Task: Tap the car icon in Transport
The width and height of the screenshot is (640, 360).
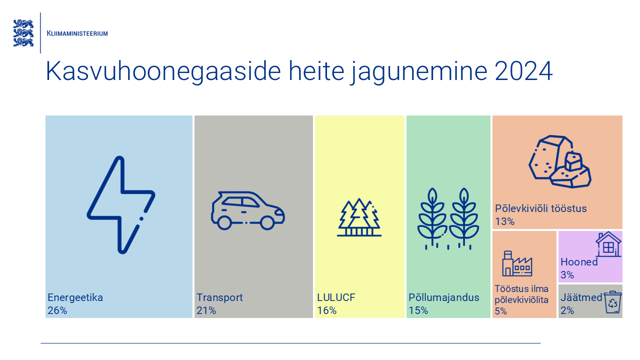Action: click(247, 210)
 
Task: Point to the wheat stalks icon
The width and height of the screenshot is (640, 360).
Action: click(448, 218)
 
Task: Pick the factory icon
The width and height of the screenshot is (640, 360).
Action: click(517, 263)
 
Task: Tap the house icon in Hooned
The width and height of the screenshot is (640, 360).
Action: click(608, 244)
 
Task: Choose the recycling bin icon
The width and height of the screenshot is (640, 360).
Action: click(612, 302)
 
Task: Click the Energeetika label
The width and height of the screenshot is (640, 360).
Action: click(75, 297)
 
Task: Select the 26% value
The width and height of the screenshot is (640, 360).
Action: click(57, 310)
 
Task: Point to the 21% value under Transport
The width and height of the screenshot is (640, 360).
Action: click(206, 310)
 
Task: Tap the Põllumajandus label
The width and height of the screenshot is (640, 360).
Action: click(443, 297)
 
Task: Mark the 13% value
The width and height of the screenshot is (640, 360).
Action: click(504, 221)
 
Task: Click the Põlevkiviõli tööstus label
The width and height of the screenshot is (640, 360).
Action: click(540, 208)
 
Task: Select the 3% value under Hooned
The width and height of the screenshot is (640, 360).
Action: click(567, 275)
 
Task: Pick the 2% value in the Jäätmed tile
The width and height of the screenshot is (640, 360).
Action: click(567, 310)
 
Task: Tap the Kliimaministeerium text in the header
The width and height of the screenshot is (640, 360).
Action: click(77, 33)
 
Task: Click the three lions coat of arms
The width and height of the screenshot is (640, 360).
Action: click(23, 33)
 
